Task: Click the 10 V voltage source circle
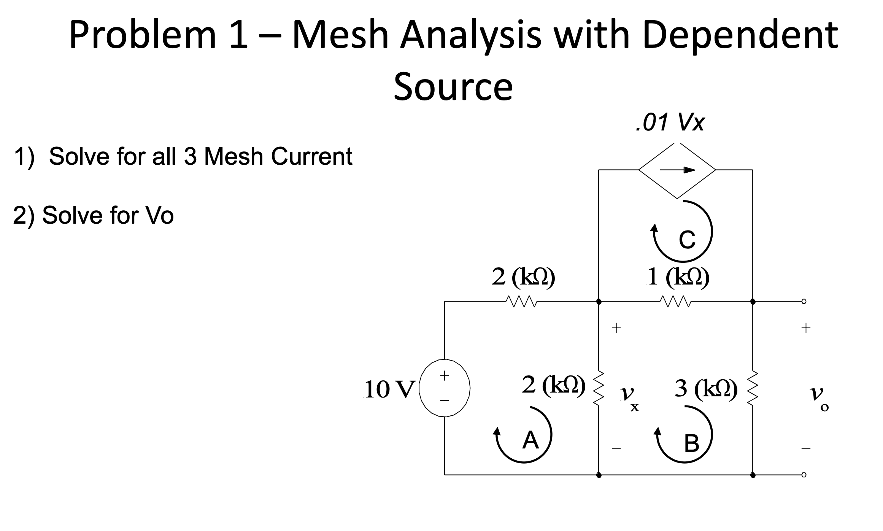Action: pos(445,388)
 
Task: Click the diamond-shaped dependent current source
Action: pos(677,170)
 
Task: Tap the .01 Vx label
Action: pos(670,123)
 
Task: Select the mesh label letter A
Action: pos(530,440)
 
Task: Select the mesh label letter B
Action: pos(691,444)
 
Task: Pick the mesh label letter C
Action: pos(687,240)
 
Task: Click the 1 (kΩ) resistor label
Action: pos(678,277)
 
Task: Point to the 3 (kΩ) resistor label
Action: pos(706,388)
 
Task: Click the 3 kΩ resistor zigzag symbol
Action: pos(753,388)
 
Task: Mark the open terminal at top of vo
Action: pos(804,302)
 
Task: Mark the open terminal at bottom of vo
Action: pos(804,475)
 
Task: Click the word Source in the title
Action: pos(453,87)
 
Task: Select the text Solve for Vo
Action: pos(108,215)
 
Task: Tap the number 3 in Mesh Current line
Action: pos(190,156)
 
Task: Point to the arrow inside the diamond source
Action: pos(677,170)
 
